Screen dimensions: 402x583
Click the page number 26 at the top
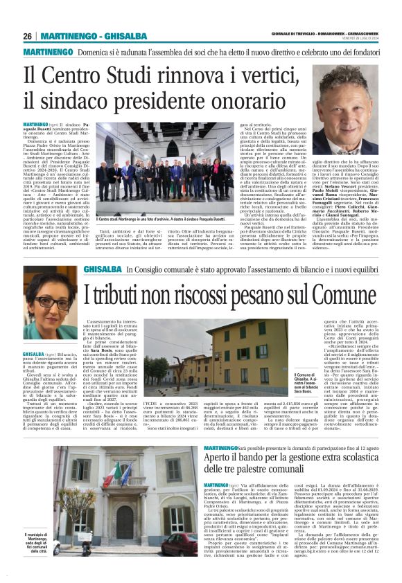pos(28,36)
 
